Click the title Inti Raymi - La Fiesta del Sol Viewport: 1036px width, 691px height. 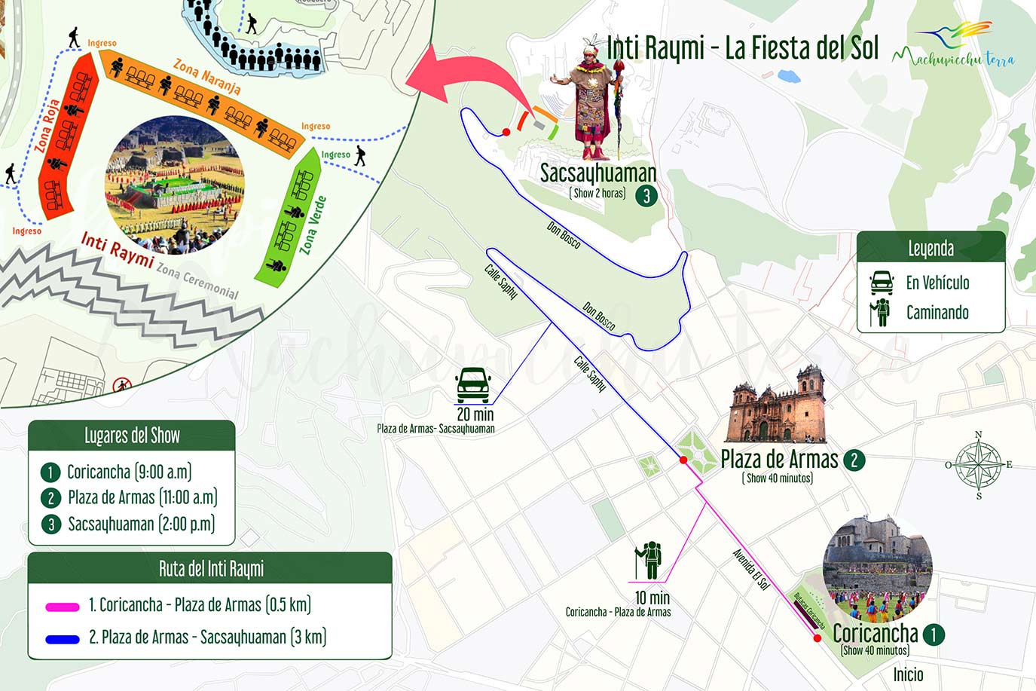(742, 47)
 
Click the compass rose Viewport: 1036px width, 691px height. (978, 465)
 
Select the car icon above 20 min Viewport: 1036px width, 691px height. (473, 385)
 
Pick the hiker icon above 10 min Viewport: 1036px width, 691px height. (648, 561)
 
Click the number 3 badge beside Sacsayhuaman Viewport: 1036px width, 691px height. (646, 196)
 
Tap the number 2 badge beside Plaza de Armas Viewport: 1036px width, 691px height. (854, 460)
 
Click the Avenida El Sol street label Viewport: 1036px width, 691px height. (750, 569)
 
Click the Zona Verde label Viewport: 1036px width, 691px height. (313, 225)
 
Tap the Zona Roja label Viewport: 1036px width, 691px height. (47, 126)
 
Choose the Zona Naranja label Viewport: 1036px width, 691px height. (207, 77)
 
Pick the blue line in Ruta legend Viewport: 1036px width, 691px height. (62, 639)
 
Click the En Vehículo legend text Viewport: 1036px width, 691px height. (937, 283)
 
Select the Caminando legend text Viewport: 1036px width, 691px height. (937, 313)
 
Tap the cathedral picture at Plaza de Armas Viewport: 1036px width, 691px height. (776, 407)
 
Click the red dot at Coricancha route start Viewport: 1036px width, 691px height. (817, 638)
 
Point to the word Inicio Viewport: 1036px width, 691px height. (908, 674)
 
